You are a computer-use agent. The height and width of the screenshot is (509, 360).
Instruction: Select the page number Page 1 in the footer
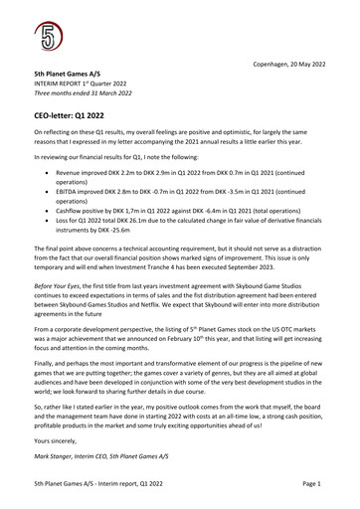[x=312, y=483]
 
